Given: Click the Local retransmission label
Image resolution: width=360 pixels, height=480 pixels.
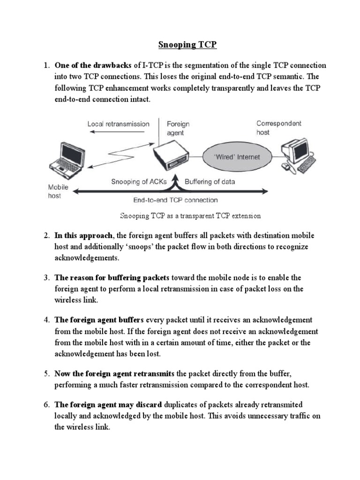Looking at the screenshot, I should coord(118,124).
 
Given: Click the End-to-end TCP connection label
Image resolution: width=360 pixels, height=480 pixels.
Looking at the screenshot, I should coord(175,200).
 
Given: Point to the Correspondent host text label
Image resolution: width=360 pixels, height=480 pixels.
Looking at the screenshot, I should coord(279,128).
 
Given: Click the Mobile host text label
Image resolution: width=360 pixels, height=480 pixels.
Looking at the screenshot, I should coord(58,191).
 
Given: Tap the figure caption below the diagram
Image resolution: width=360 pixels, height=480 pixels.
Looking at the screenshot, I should coord(190,216).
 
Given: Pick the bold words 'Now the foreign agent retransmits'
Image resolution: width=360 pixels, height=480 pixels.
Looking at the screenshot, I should coord(114,374).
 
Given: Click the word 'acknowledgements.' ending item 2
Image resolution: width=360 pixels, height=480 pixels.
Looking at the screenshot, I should coord(88,258).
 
